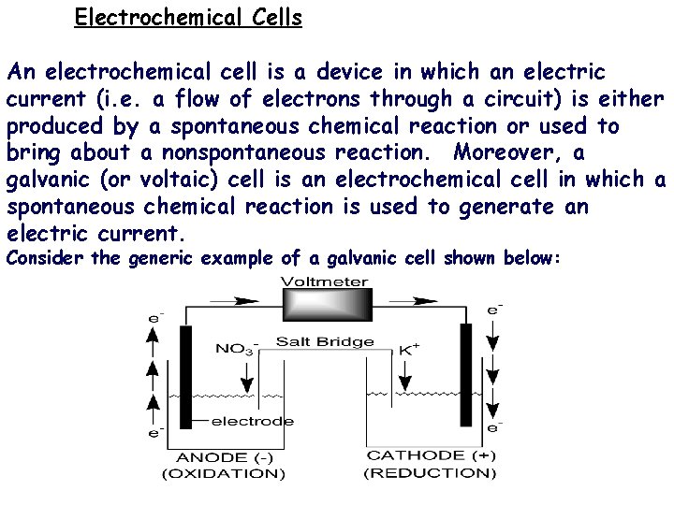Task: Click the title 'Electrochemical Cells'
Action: [x=188, y=18]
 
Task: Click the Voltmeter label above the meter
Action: [x=325, y=281]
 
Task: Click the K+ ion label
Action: [x=409, y=349]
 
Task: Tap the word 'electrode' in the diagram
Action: [x=253, y=421]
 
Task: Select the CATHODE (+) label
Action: [x=431, y=455]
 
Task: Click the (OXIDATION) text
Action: [x=224, y=473]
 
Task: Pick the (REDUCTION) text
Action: [x=430, y=473]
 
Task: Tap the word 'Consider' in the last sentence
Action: [x=46, y=258]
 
